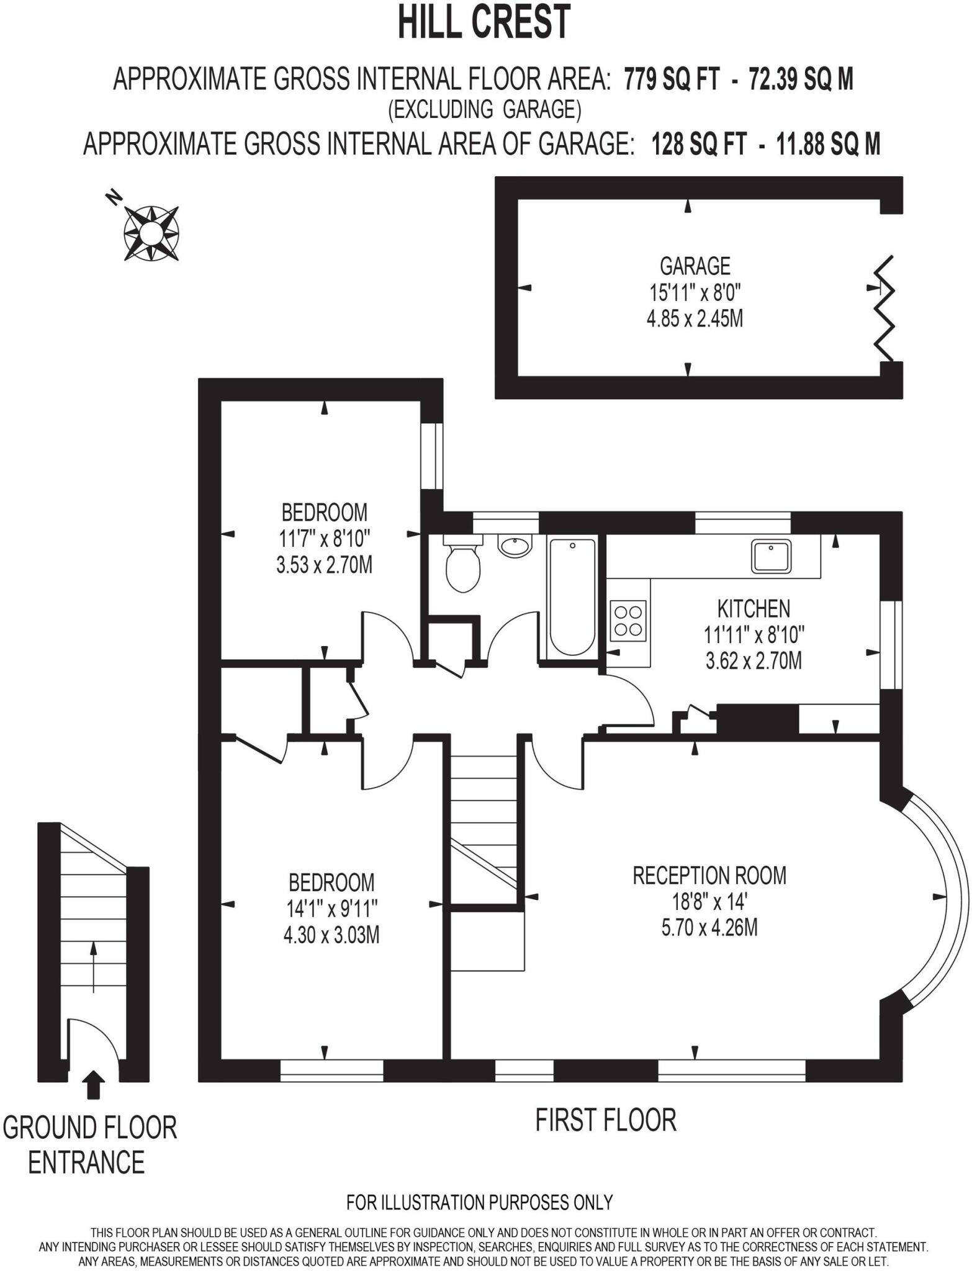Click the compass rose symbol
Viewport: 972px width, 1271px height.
(x=151, y=233)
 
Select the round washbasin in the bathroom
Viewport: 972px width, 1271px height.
(x=515, y=547)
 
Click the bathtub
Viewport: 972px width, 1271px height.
(x=572, y=597)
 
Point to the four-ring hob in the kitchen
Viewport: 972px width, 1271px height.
(x=628, y=621)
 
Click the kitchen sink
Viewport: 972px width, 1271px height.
(x=771, y=555)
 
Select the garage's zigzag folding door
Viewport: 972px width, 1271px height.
(x=885, y=309)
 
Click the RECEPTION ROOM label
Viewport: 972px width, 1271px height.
(x=709, y=876)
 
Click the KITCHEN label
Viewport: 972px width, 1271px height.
(x=754, y=609)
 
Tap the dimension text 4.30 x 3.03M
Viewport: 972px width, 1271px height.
(x=331, y=935)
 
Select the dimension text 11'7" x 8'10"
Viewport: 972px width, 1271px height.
(x=324, y=539)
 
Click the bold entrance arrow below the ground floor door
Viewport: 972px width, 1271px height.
(x=94, y=1085)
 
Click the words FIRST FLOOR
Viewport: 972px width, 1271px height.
(x=606, y=1121)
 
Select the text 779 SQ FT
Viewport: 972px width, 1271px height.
(x=672, y=79)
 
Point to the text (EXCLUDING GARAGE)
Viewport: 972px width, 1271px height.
(x=484, y=110)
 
